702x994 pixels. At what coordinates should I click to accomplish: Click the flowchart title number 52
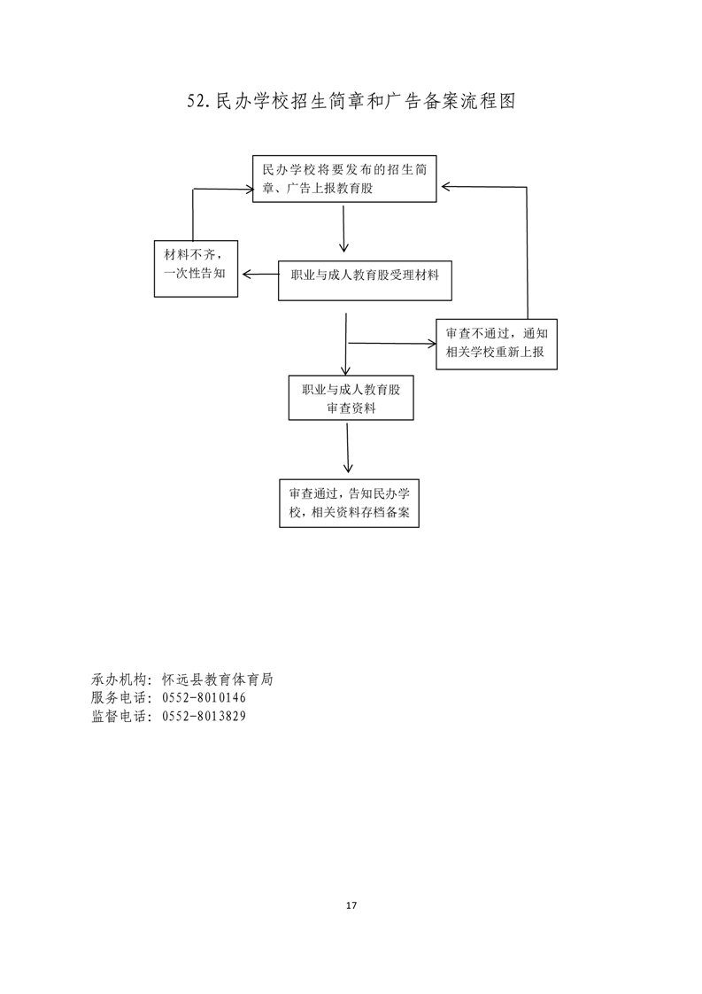pos(197,101)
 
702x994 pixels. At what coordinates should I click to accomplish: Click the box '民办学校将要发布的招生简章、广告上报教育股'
pos(344,179)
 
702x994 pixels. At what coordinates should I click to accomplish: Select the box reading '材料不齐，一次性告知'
pos(196,268)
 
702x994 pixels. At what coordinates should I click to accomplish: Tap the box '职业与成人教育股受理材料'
pos(365,280)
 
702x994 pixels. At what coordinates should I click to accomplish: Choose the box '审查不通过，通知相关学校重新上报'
pos(497,344)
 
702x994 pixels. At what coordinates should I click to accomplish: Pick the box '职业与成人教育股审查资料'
pos(351,398)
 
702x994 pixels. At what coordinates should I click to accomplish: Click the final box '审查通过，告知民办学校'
pos(349,503)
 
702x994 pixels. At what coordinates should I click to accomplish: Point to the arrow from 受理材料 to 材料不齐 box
pos(260,275)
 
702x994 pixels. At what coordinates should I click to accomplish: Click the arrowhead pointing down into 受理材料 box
pos(343,248)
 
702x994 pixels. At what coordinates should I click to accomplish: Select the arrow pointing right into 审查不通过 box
pos(392,344)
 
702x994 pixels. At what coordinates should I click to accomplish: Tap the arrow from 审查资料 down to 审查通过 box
pos(348,447)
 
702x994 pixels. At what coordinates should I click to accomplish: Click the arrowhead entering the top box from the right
pos(446,186)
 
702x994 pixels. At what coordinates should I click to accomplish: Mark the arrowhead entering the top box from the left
pos(248,189)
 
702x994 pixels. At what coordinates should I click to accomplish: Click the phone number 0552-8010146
pos(204,698)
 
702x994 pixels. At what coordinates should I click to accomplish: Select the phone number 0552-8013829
pos(204,717)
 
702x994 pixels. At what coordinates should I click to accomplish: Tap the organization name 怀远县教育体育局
pos(217,679)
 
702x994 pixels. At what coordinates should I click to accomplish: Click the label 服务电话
pos(118,698)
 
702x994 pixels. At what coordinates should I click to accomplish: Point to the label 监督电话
pos(118,717)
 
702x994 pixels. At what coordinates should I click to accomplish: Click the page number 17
pos(351,905)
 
